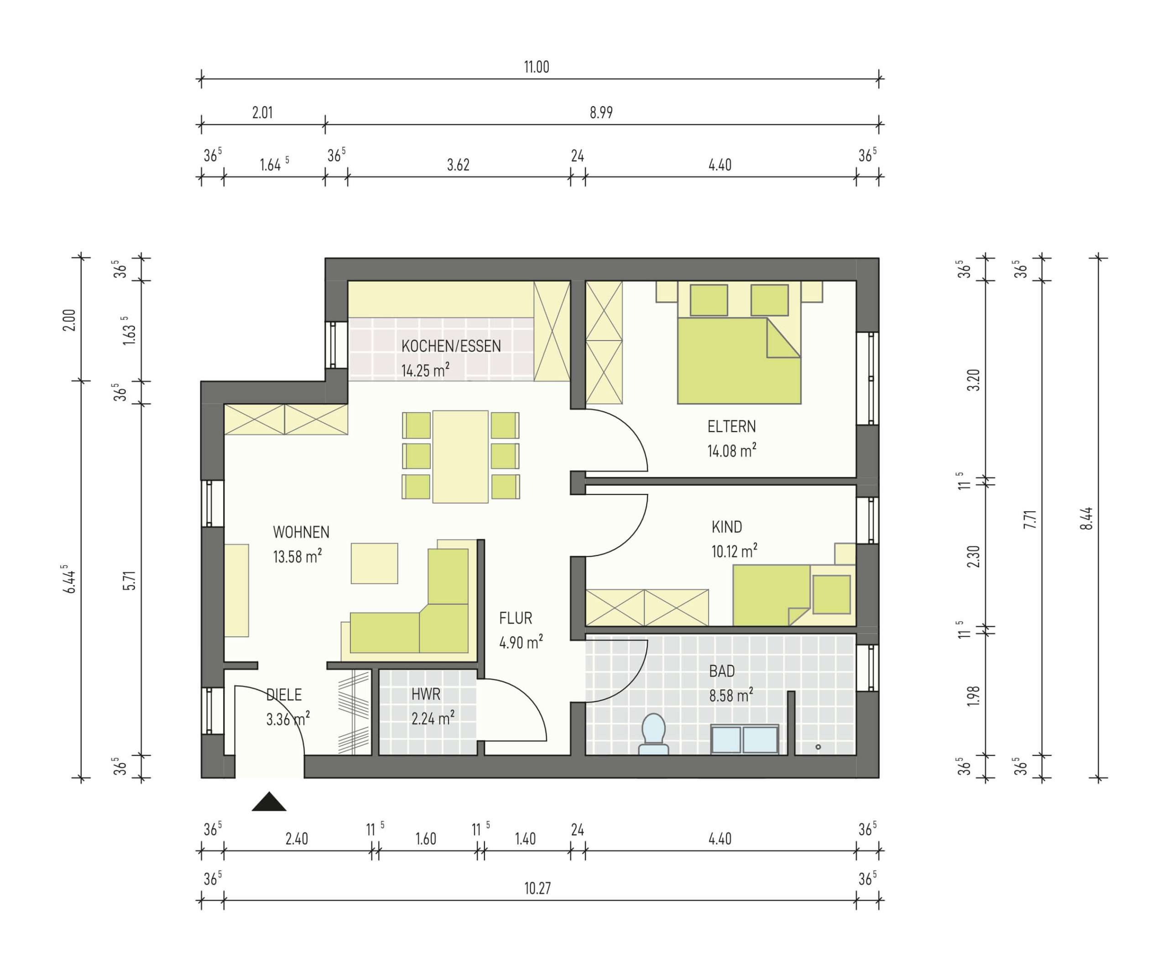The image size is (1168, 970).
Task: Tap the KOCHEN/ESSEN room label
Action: click(x=451, y=346)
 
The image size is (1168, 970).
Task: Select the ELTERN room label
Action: click(x=731, y=426)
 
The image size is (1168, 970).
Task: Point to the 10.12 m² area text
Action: click(x=734, y=551)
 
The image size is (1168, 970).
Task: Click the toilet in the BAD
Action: click(x=653, y=734)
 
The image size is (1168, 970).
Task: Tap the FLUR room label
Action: click(x=516, y=618)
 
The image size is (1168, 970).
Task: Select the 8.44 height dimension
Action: click(x=1086, y=518)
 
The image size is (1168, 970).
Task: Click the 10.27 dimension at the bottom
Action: click(x=537, y=888)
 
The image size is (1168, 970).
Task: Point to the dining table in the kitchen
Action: click(x=460, y=456)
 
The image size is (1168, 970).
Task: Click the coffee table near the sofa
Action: click(x=374, y=563)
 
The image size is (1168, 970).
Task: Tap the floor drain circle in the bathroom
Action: click(x=818, y=747)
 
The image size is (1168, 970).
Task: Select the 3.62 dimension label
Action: click(x=458, y=165)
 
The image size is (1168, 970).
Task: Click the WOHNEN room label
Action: click(x=301, y=532)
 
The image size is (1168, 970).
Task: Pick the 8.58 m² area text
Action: click(x=731, y=695)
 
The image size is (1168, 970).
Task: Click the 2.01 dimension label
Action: click(x=262, y=112)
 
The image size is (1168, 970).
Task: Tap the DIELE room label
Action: click(x=284, y=695)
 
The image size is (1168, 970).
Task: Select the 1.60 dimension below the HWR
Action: click(x=426, y=839)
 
